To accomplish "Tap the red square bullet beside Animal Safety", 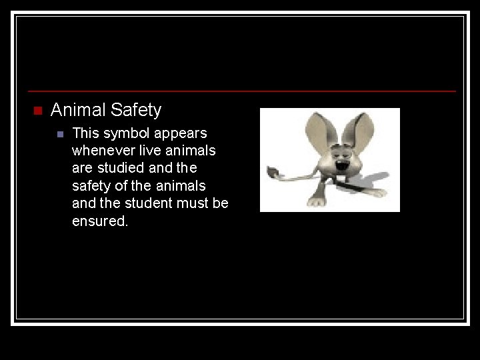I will [x=37, y=110].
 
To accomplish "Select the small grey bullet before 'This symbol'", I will [x=59, y=134].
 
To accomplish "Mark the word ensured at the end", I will [x=99, y=221].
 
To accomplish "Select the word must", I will [x=194, y=203].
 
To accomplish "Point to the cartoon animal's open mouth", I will [x=343, y=165].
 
